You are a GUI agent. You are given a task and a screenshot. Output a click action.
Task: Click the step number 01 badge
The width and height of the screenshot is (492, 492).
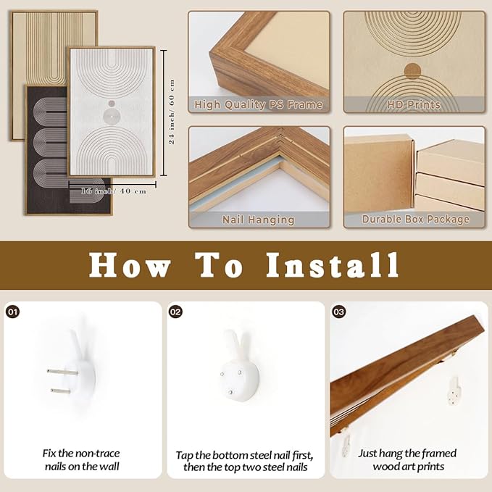12,312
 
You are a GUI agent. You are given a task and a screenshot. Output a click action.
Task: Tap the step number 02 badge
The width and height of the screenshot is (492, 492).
175,312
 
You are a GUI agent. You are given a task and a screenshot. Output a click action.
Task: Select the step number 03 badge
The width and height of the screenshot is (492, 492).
338,312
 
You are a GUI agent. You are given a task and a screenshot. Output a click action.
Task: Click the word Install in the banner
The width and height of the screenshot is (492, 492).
333,265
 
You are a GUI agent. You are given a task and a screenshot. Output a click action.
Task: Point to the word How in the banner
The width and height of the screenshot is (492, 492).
130,265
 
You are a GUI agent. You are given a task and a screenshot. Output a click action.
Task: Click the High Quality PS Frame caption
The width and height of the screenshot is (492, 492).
259,104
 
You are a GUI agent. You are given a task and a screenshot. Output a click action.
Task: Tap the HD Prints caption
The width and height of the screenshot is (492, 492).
414,104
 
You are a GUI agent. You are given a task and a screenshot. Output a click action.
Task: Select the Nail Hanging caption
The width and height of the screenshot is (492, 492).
259,220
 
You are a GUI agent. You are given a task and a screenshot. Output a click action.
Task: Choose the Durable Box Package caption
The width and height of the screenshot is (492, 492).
415,219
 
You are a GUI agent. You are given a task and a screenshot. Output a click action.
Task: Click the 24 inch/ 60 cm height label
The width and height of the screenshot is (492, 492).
172,112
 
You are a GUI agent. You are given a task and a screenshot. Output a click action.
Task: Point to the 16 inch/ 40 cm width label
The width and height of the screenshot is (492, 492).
114,191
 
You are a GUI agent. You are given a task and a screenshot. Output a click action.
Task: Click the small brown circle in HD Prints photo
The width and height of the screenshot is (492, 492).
412,70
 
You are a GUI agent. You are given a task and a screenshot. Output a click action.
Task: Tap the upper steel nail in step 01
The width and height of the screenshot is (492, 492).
62,372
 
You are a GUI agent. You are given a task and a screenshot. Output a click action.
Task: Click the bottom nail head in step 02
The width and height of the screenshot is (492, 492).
230,392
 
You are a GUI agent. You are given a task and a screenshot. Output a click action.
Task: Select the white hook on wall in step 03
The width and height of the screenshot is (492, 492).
454,391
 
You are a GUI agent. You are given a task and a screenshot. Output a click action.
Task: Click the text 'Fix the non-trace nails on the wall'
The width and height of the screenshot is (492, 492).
81,459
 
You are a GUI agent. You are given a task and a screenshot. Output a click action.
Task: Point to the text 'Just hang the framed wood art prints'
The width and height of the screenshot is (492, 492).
407,459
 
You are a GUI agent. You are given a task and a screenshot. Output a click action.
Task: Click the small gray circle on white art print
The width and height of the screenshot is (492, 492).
112,103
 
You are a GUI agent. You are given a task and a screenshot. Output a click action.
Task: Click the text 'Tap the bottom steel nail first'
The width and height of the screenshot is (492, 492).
244,455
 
